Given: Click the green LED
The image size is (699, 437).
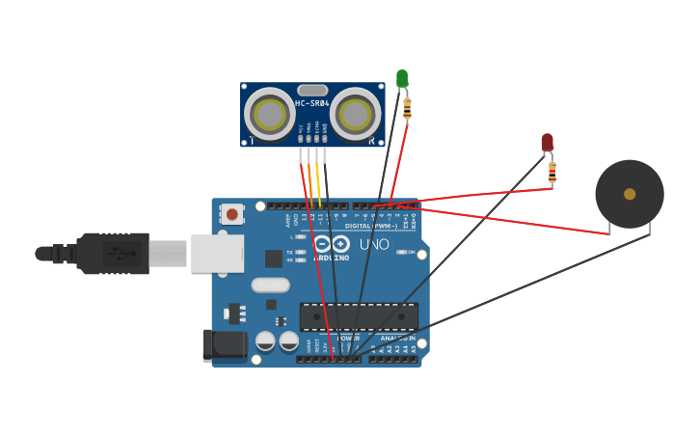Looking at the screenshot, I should (402, 78).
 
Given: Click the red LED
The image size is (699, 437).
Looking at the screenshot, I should (547, 142).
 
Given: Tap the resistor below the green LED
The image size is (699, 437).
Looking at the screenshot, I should (407, 108).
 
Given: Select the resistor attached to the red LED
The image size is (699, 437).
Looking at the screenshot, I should (551, 172).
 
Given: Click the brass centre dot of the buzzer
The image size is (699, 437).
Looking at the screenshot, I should (630, 194).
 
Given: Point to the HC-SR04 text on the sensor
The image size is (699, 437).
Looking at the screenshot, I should (312, 103).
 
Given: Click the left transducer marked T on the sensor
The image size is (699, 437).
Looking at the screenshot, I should (270, 115).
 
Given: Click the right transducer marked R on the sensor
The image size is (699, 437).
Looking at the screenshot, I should (355, 115).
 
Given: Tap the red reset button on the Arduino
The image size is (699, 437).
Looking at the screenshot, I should (231, 214).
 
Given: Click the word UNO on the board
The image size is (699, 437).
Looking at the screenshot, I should (374, 244).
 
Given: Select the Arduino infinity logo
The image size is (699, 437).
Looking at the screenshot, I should (329, 244).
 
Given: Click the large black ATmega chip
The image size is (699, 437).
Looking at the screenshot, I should (359, 316).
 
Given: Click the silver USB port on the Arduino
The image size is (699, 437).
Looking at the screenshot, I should (217, 253).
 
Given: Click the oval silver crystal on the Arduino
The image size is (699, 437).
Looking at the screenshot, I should (270, 285).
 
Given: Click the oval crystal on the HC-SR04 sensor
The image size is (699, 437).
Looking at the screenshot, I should (312, 90).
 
